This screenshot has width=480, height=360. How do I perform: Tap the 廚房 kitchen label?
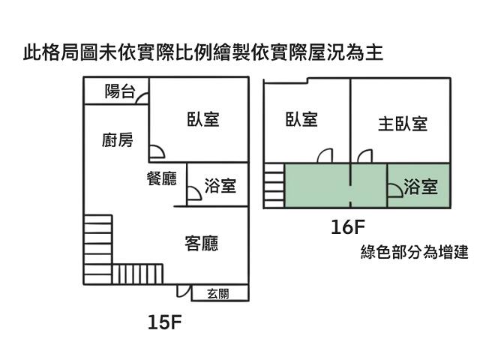tap(118, 139)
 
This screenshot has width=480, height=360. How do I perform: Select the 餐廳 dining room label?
tap(161, 178)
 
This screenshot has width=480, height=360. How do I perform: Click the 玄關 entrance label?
tap(218, 293)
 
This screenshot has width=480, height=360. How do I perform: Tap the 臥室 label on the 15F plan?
tap(203, 118)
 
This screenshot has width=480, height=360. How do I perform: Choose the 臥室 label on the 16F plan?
tap(301, 118)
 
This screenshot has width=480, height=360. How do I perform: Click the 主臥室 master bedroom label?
tap(402, 123)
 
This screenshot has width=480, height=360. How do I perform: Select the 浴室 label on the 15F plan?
tap(220, 185)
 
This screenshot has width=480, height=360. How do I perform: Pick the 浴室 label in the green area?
tap(420, 186)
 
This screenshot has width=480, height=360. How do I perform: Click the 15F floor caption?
tap(165, 322)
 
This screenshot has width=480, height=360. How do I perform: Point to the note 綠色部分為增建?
tap(414, 253)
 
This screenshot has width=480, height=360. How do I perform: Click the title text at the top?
tap(203, 53)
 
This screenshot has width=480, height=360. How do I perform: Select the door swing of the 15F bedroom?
tap(156, 153)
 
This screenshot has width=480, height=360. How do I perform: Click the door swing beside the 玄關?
tap(182, 291)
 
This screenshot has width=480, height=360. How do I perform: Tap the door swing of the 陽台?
tap(142, 97)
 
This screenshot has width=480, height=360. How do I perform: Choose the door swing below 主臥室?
tap(365, 156)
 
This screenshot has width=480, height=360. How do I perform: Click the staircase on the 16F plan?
tap(274, 185)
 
